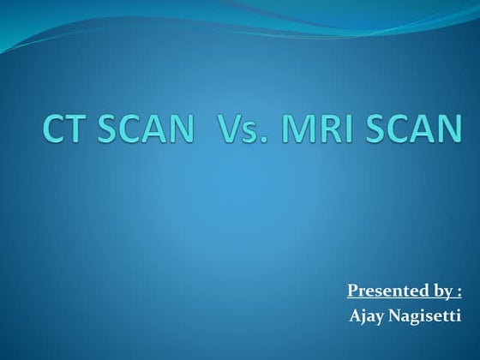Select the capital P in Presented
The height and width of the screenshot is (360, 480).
(352, 291)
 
